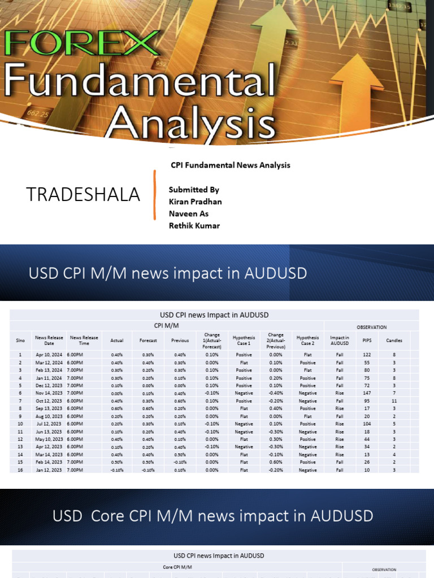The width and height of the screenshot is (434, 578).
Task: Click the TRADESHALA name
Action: tap(83, 194)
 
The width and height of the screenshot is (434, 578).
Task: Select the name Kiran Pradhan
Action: tap(195, 202)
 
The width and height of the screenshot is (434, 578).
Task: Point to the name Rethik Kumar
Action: tap(194, 226)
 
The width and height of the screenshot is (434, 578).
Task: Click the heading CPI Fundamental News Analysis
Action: tap(231, 165)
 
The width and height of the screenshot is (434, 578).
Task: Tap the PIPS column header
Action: tap(367, 340)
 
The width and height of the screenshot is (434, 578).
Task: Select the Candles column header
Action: tap(394, 340)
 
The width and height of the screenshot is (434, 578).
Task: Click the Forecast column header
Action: tap(148, 340)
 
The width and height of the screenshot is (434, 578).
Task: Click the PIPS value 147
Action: tap(367, 392)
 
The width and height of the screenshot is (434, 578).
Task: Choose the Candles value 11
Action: tap(394, 400)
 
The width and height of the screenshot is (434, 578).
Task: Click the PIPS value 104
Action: tap(367, 423)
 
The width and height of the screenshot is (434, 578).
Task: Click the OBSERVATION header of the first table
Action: tap(371, 327)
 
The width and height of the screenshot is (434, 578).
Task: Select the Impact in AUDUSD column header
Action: tap(340, 340)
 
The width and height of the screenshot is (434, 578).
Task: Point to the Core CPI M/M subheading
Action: tap(177, 567)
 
